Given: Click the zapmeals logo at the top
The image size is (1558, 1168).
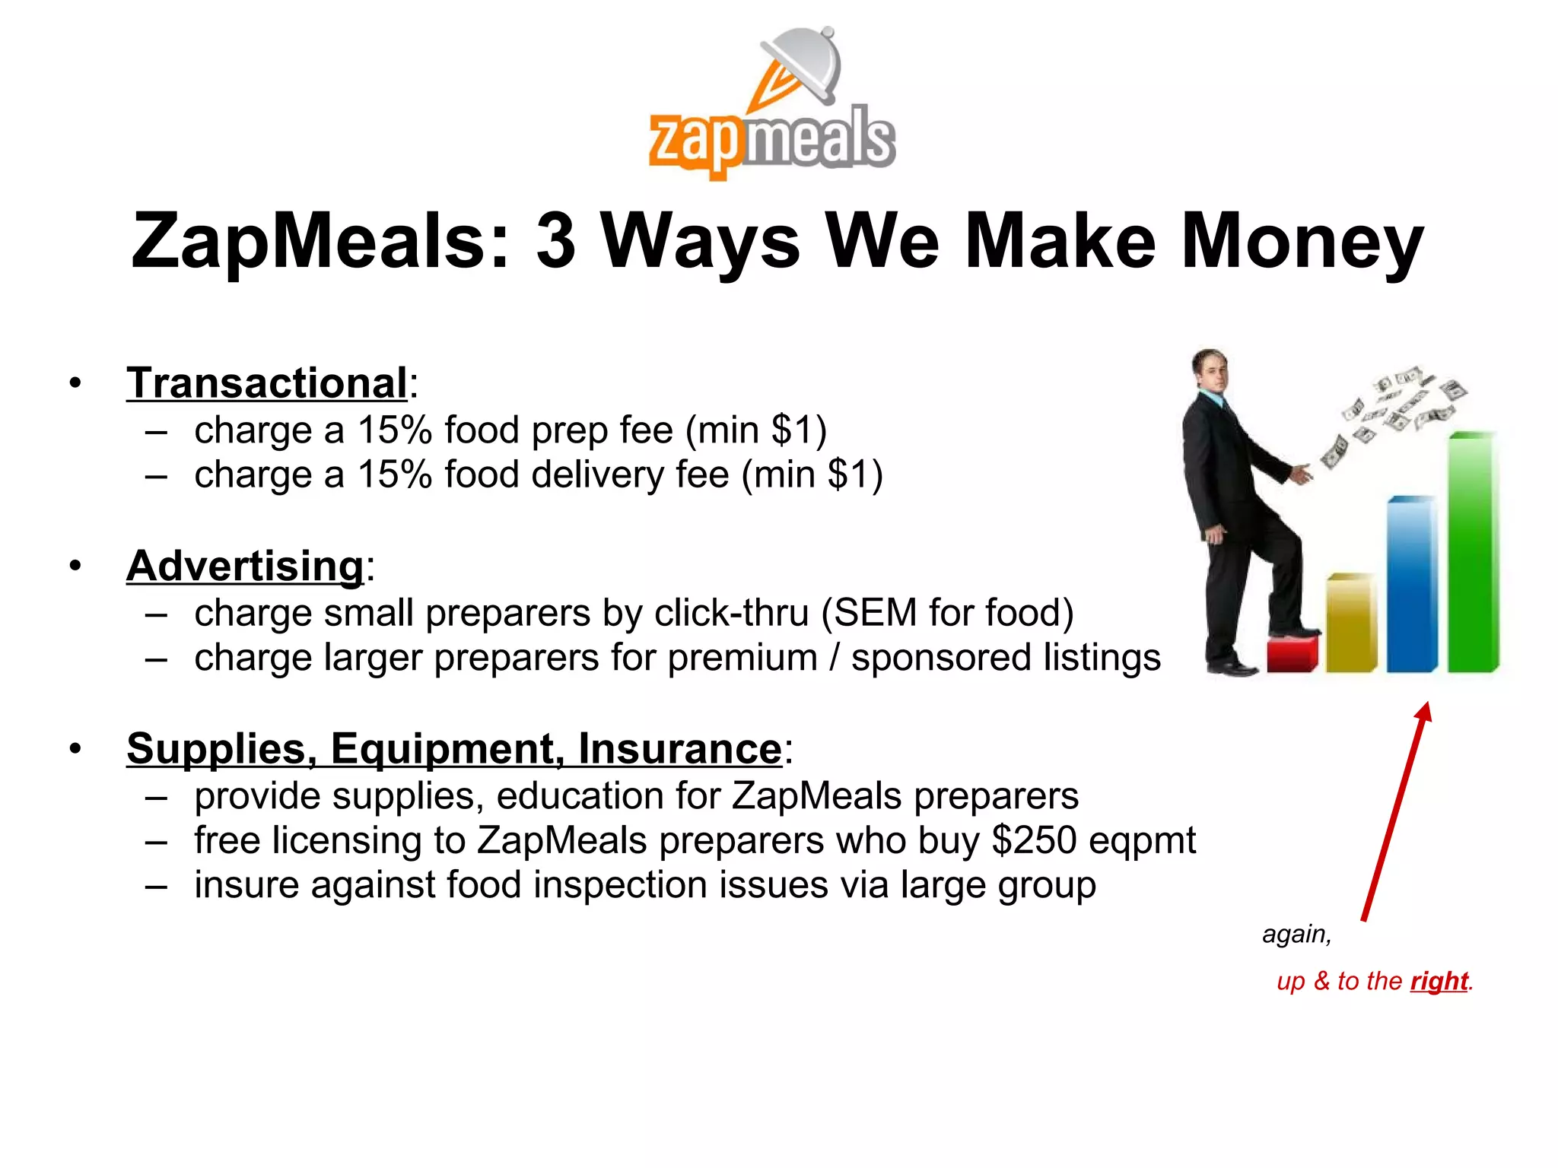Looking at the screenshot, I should click(772, 106).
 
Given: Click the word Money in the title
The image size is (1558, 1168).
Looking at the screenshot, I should click(1302, 242).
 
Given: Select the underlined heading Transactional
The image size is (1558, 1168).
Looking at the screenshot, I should click(267, 382).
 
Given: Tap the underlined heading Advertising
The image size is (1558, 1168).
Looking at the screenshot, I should click(245, 566).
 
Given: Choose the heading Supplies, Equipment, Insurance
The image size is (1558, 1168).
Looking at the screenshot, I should click(453, 748).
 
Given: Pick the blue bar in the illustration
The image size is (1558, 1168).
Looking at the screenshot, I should click(1411, 586).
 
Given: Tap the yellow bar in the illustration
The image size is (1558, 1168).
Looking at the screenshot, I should click(1351, 624).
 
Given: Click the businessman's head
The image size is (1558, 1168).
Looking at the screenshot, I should click(1210, 370).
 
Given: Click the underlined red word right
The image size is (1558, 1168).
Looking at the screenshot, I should click(1438, 981).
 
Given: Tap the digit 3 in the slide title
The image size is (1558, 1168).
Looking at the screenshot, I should click(555, 242).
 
